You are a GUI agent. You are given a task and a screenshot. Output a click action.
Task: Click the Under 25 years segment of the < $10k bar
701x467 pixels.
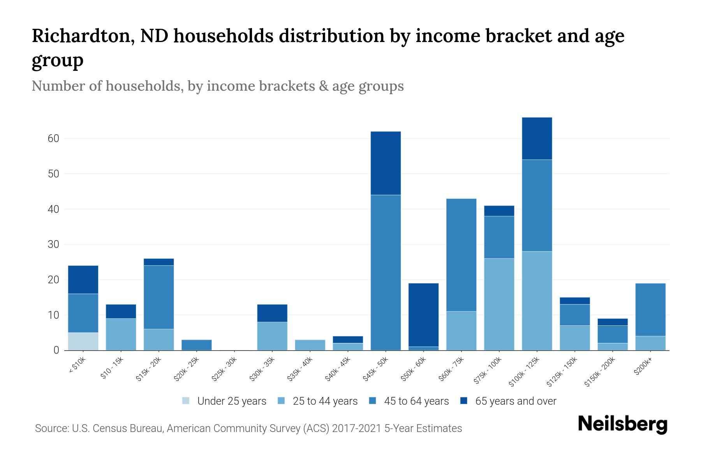83,341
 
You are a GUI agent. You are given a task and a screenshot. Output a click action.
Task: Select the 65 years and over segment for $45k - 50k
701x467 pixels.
386,163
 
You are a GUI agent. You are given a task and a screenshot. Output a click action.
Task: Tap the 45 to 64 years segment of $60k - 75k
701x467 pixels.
461,255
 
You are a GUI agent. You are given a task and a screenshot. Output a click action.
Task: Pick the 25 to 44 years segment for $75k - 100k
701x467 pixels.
499,304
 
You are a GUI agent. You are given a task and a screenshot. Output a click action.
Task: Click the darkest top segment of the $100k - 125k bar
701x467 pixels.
537,139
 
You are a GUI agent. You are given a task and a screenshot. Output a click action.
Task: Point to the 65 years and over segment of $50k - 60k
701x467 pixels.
423,315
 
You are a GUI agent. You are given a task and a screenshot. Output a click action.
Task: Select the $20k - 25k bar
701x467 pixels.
197,345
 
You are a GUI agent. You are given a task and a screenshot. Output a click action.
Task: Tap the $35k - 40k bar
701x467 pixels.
310,345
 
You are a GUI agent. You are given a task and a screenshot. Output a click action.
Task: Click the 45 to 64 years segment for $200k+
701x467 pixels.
650,310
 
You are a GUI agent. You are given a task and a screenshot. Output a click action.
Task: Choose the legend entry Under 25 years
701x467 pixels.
224,401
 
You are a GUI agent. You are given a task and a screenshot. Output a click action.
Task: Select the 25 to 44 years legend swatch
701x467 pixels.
281,401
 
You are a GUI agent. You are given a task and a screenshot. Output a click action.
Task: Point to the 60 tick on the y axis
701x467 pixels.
53,139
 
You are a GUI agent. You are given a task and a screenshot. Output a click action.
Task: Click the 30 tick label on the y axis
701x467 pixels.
53,244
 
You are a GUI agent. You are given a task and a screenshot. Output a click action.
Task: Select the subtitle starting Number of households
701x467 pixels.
217,86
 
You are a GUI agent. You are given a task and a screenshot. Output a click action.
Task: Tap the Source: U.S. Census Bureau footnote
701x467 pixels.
248,428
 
